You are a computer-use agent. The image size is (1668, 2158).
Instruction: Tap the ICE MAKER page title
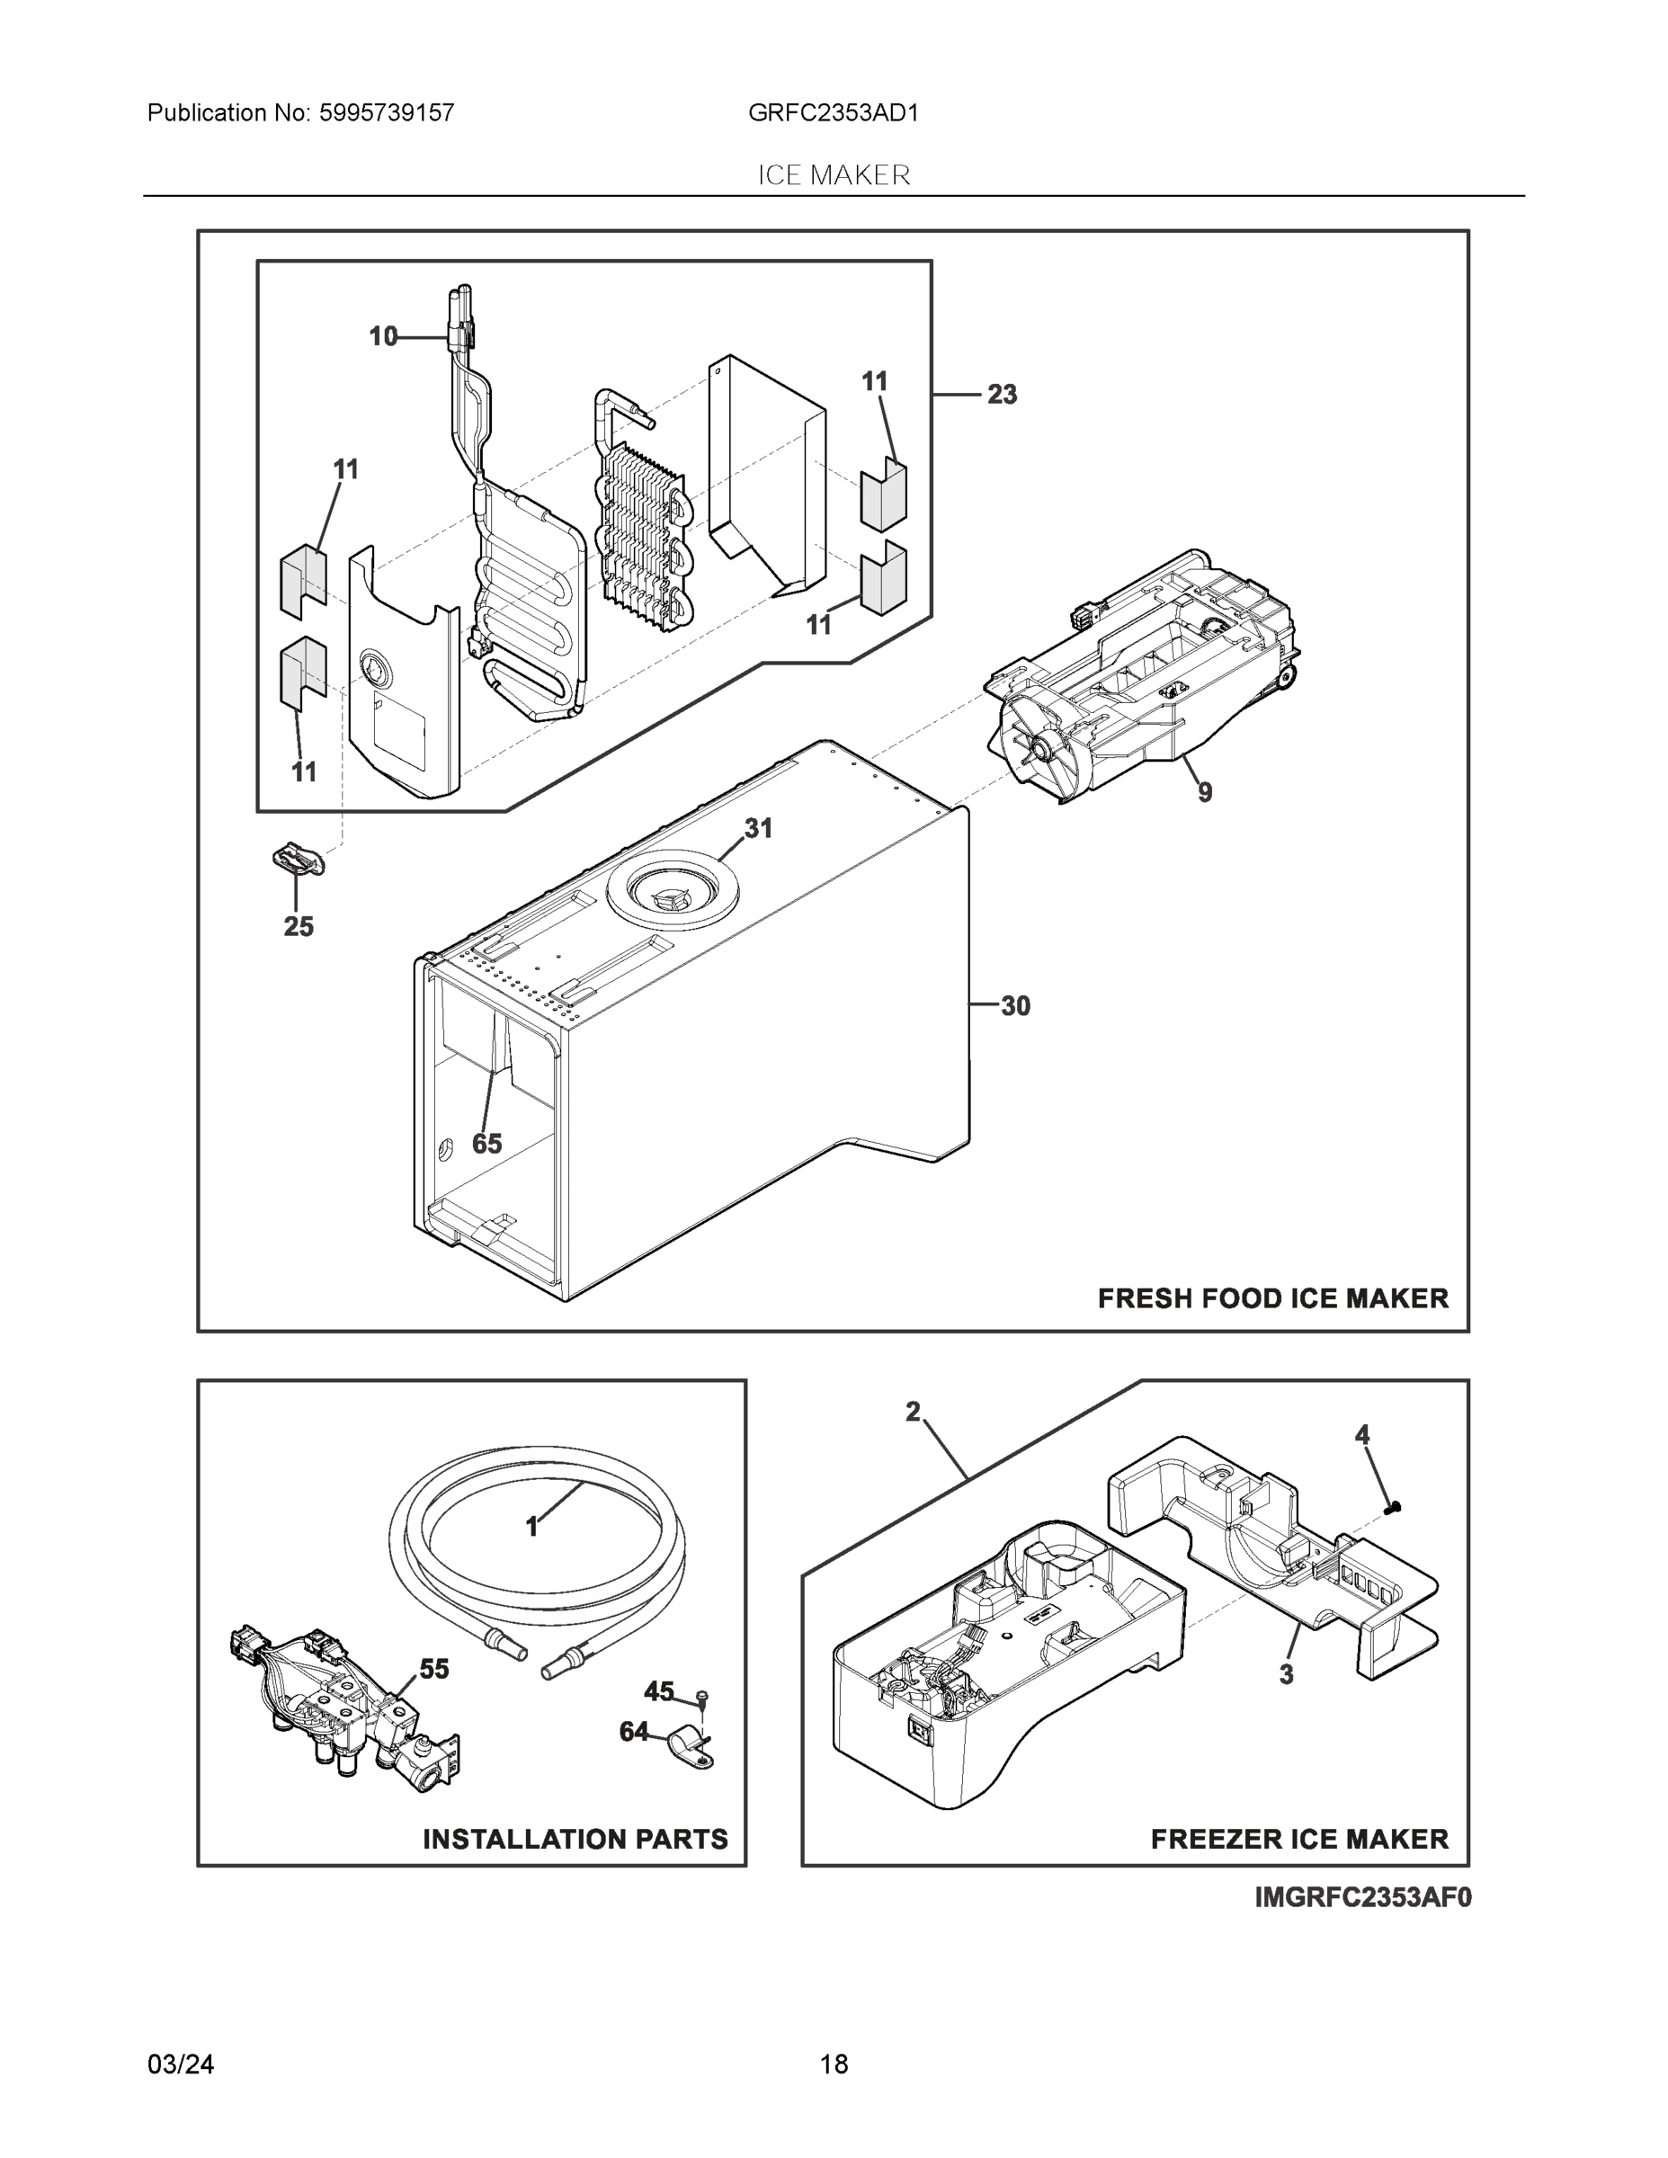pyautogui.click(x=833, y=175)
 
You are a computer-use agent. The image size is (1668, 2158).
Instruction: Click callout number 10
pyautogui.click(x=382, y=337)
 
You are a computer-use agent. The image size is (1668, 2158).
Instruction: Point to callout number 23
pyautogui.click(x=1001, y=394)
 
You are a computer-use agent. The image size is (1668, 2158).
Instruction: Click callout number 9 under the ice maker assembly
pyautogui.click(x=1205, y=791)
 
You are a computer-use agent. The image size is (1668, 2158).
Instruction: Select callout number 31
pyautogui.click(x=758, y=828)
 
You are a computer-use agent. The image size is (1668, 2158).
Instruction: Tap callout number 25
pyautogui.click(x=299, y=926)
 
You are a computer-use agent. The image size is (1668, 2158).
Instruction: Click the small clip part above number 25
pyautogui.click(x=297, y=858)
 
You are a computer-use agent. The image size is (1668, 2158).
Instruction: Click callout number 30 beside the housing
pyautogui.click(x=1015, y=1006)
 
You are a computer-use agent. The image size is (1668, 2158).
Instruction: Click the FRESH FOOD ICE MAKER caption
pyautogui.click(x=1271, y=1297)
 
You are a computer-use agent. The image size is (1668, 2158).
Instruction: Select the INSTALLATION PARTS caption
pyautogui.click(x=575, y=1839)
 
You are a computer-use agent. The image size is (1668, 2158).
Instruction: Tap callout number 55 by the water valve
pyautogui.click(x=433, y=1669)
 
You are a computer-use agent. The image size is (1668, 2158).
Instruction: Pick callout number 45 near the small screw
pyautogui.click(x=658, y=1691)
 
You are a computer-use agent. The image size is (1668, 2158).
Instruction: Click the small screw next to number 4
pyautogui.click(x=1396, y=1508)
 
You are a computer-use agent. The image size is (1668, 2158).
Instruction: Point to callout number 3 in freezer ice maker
pyautogui.click(x=1286, y=1674)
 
